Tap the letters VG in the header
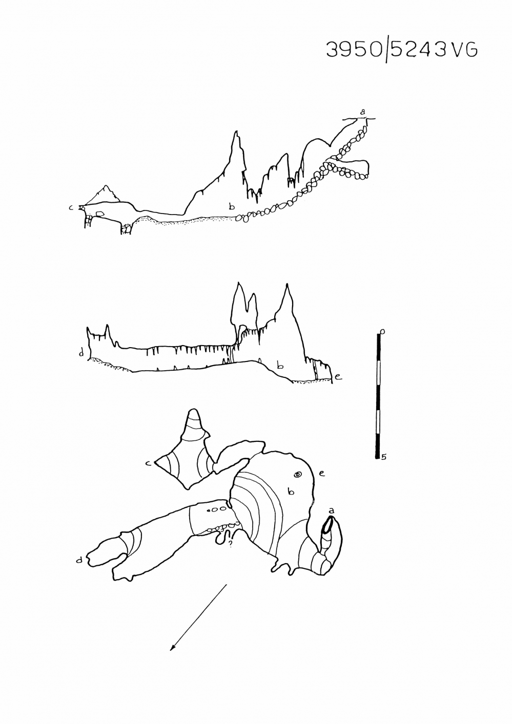[464, 50]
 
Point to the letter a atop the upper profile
[363, 112]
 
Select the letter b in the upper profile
[232, 206]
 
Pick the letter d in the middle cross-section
[81, 353]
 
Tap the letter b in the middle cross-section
[280, 366]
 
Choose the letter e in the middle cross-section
[338, 376]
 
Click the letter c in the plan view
[148, 463]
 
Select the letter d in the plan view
[79, 560]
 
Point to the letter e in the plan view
[321, 474]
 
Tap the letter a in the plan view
[331, 510]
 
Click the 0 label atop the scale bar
[383, 331]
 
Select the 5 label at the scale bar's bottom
[383, 457]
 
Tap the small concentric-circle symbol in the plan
[297, 474]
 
